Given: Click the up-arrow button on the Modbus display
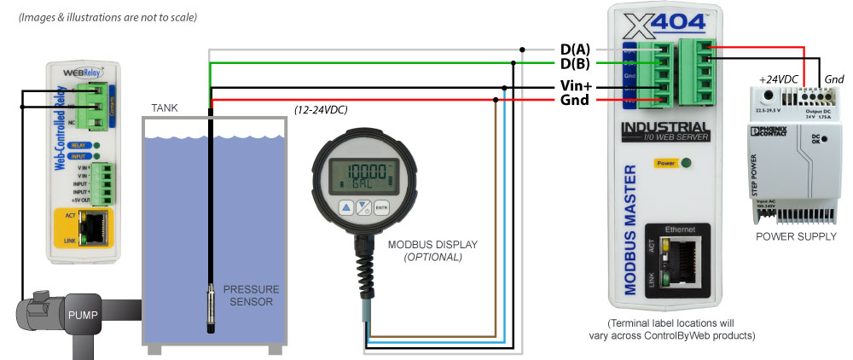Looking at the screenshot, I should [346, 207].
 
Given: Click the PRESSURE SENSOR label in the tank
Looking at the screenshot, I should [251, 296].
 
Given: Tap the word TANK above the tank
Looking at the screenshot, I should [165, 108].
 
